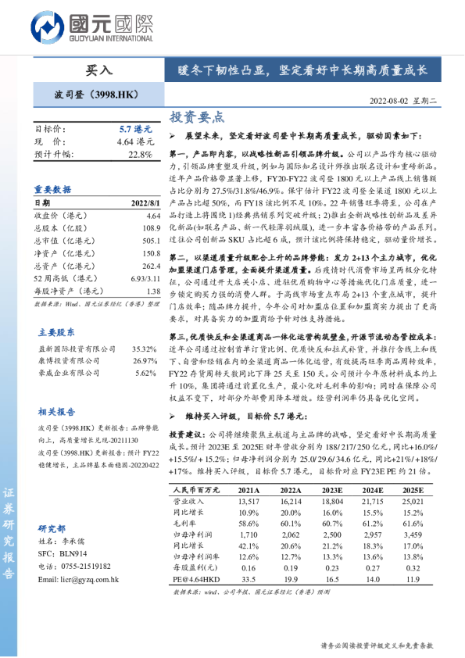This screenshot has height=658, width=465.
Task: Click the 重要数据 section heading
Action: (53, 189)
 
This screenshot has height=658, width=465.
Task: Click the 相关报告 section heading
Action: (53, 412)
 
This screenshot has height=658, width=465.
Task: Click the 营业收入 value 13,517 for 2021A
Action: (247, 502)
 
